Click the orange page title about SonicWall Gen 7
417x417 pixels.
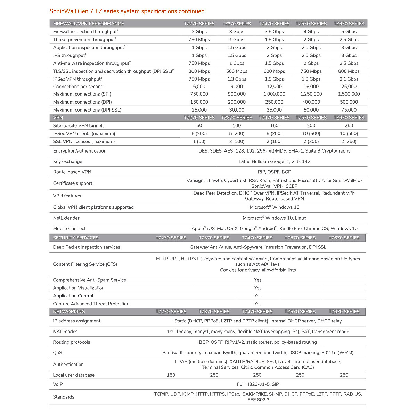[127, 11]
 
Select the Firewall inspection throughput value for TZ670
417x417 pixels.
[349, 31]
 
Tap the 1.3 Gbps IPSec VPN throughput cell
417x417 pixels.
[237, 79]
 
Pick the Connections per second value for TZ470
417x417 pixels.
[274, 87]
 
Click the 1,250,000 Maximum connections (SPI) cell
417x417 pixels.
[311, 94]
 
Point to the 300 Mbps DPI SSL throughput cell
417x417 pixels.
[199, 71]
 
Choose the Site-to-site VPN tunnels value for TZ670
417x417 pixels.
[349, 125]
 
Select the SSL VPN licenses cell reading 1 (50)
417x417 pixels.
[199, 141]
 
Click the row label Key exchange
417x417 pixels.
[67, 161]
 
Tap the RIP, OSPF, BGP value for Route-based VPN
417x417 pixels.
[274, 172]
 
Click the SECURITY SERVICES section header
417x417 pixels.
[75, 238]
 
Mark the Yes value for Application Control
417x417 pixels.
[257, 296]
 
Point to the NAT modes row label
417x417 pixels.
[65, 332]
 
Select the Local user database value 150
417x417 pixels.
[171, 375]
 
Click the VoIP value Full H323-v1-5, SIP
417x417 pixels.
[257, 384]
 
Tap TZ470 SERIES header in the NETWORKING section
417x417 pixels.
[257, 312]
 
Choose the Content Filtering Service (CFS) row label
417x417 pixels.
[85, 264]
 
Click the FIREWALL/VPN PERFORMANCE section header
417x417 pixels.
[88, 24]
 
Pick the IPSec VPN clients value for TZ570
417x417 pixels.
[311, 133]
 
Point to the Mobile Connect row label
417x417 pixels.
[69, 228]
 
